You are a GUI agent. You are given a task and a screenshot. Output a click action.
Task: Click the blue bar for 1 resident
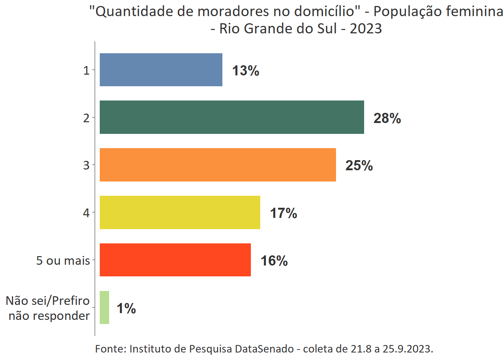pos(161,70)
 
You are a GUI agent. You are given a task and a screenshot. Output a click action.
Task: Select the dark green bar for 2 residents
pos(232,117)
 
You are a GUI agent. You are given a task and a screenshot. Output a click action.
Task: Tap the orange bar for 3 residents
pos(217,165)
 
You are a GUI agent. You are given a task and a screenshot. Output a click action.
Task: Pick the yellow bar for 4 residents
pos(180,212)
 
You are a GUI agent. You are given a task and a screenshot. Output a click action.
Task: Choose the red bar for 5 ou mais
pos(175,260)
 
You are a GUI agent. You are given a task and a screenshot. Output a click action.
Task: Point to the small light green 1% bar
pos(104,307)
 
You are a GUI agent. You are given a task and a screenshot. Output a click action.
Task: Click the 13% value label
pos(246,70)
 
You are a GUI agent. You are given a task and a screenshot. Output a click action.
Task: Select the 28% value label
pos(387,118)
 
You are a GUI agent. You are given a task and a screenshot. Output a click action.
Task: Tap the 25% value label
pos(359,165)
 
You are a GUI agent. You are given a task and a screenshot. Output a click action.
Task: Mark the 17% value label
pos(283,213)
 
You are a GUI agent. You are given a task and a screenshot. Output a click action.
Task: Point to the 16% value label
pos(274,261)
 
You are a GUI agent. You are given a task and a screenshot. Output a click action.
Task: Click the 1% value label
pos(126,308)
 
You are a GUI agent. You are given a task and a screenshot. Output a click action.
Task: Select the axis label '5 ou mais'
pos(63,260)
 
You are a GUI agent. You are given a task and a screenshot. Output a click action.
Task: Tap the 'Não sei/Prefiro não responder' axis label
pos(48,308)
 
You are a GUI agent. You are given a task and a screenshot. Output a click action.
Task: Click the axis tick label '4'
pos(86,213)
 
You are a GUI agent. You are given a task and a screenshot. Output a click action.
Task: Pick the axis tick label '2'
pos(86,118)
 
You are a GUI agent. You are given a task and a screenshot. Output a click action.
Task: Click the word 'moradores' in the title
pos(233,12)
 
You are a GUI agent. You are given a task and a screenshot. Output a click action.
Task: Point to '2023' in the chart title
pos(366,28)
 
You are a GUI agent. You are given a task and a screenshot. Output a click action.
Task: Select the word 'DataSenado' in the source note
pos(264,349)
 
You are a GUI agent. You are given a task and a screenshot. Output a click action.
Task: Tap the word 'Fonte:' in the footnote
pos(111,349)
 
